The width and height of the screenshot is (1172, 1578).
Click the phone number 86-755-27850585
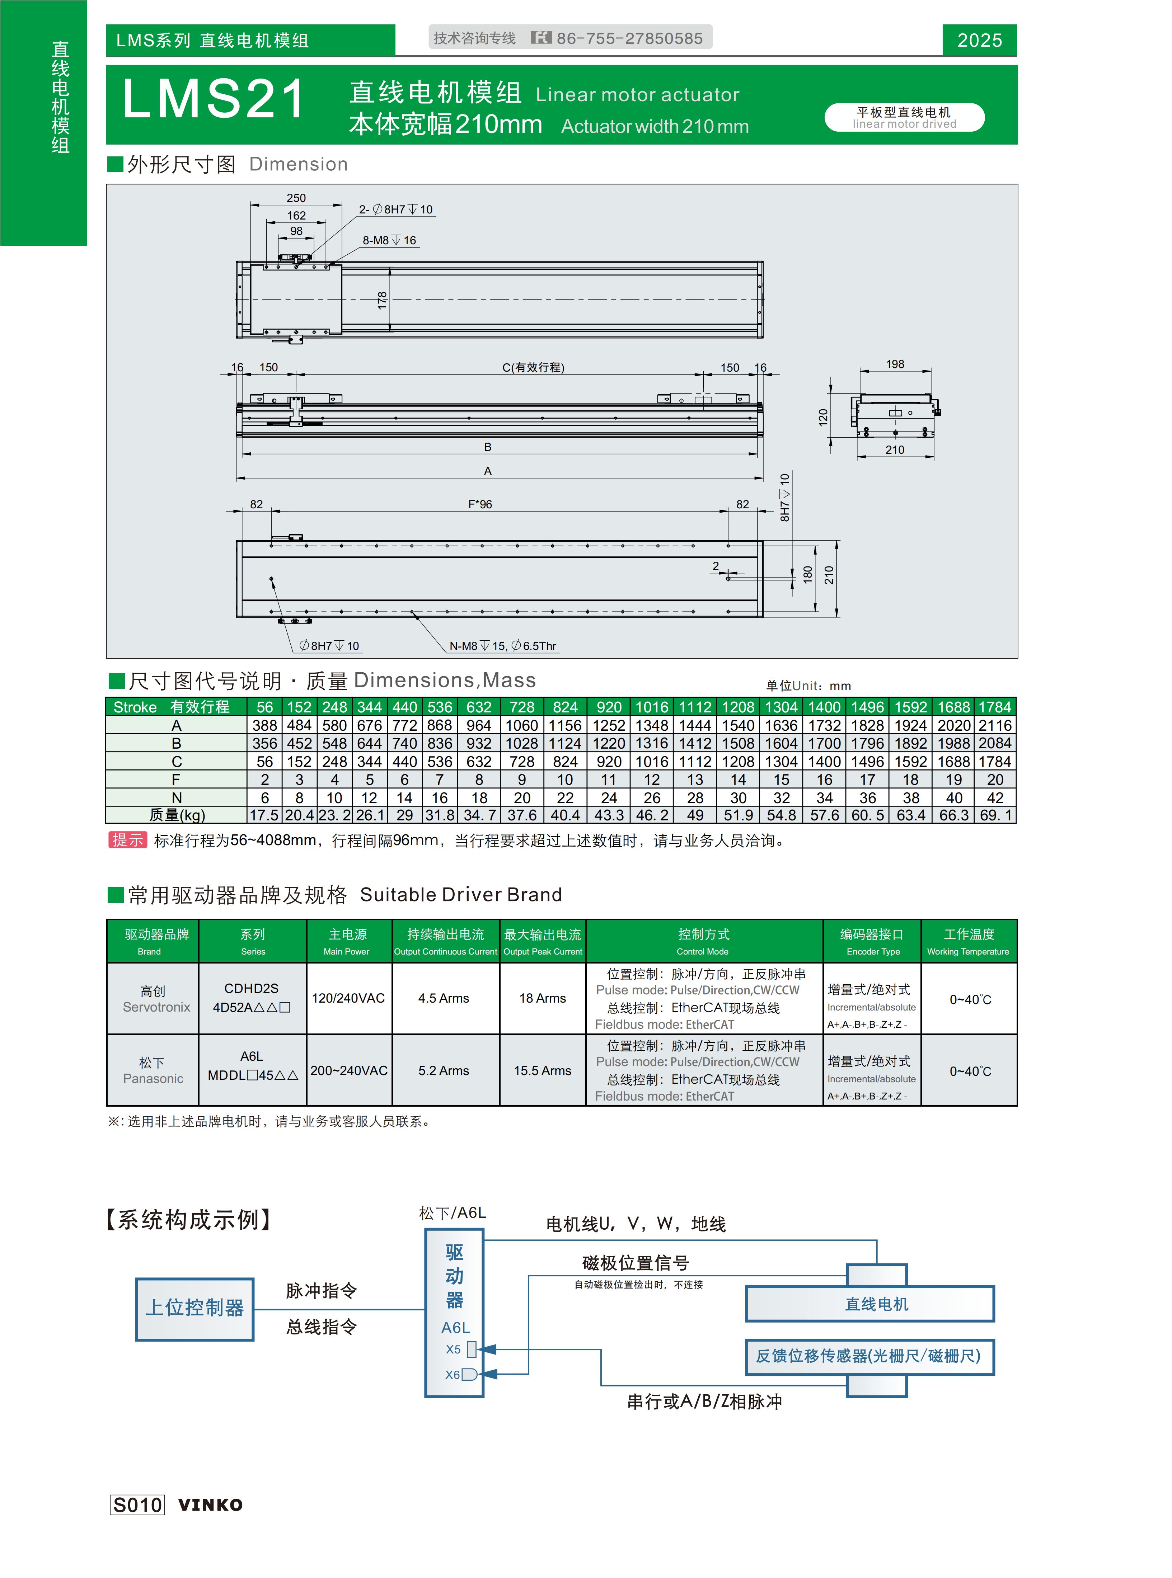click(x=629, y=38)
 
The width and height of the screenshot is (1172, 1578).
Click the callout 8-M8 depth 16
click(x=389, y=240)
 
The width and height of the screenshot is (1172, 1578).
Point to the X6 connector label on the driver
click(x=453, y=1375)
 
